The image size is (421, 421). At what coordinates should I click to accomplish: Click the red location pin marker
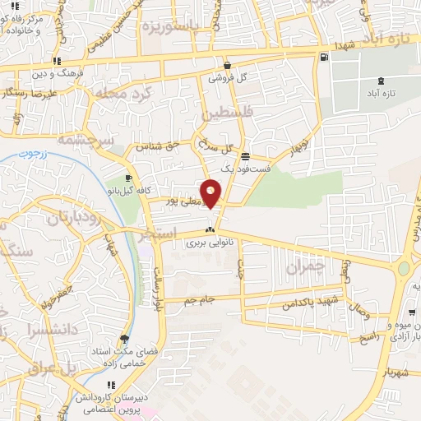tap(211, 193)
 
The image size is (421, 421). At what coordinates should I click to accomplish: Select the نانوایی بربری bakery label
tap(206, 243)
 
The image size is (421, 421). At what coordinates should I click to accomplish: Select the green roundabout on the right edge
tap(403, 268)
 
